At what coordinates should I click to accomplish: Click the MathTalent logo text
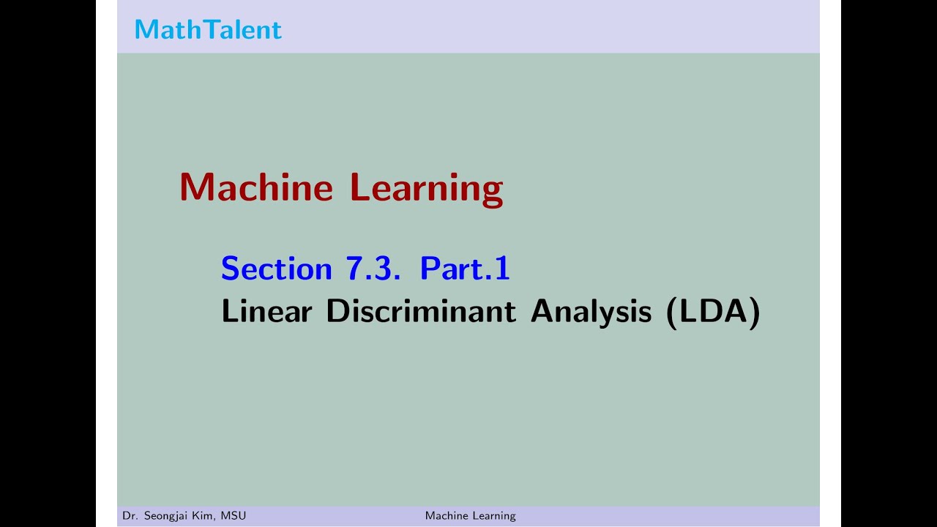[208, 29]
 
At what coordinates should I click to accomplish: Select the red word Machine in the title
[256, 187]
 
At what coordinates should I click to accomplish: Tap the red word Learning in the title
[426, 189]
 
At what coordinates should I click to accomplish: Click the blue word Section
[277, 269]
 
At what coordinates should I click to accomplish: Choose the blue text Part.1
[464, 269]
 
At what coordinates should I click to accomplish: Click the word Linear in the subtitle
[266, 312]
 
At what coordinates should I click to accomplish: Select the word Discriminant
[420, 312]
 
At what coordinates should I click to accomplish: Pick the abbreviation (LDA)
[713, 312]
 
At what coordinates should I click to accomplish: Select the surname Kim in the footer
[205, 516]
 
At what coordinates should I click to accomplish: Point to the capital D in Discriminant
[337, 312]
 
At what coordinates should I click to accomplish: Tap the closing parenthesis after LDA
[755, 313]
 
